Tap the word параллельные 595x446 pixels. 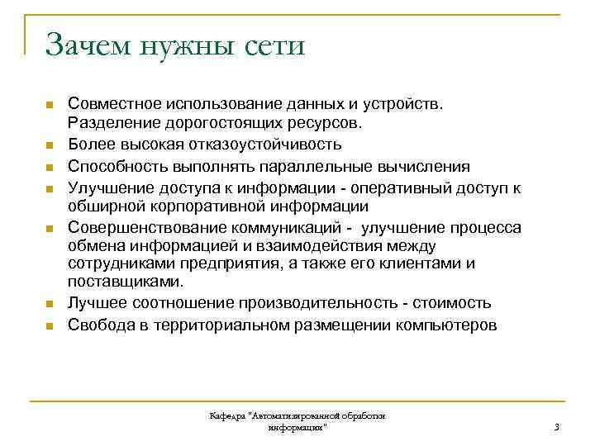point(315,165)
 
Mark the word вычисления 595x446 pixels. point(424,165)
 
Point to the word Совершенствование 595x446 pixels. point(139,225)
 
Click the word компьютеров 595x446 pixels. point(447,324)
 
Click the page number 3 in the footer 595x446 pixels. point(557,427)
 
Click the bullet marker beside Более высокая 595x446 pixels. point(49,145)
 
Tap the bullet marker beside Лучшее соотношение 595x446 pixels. point(49,305)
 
